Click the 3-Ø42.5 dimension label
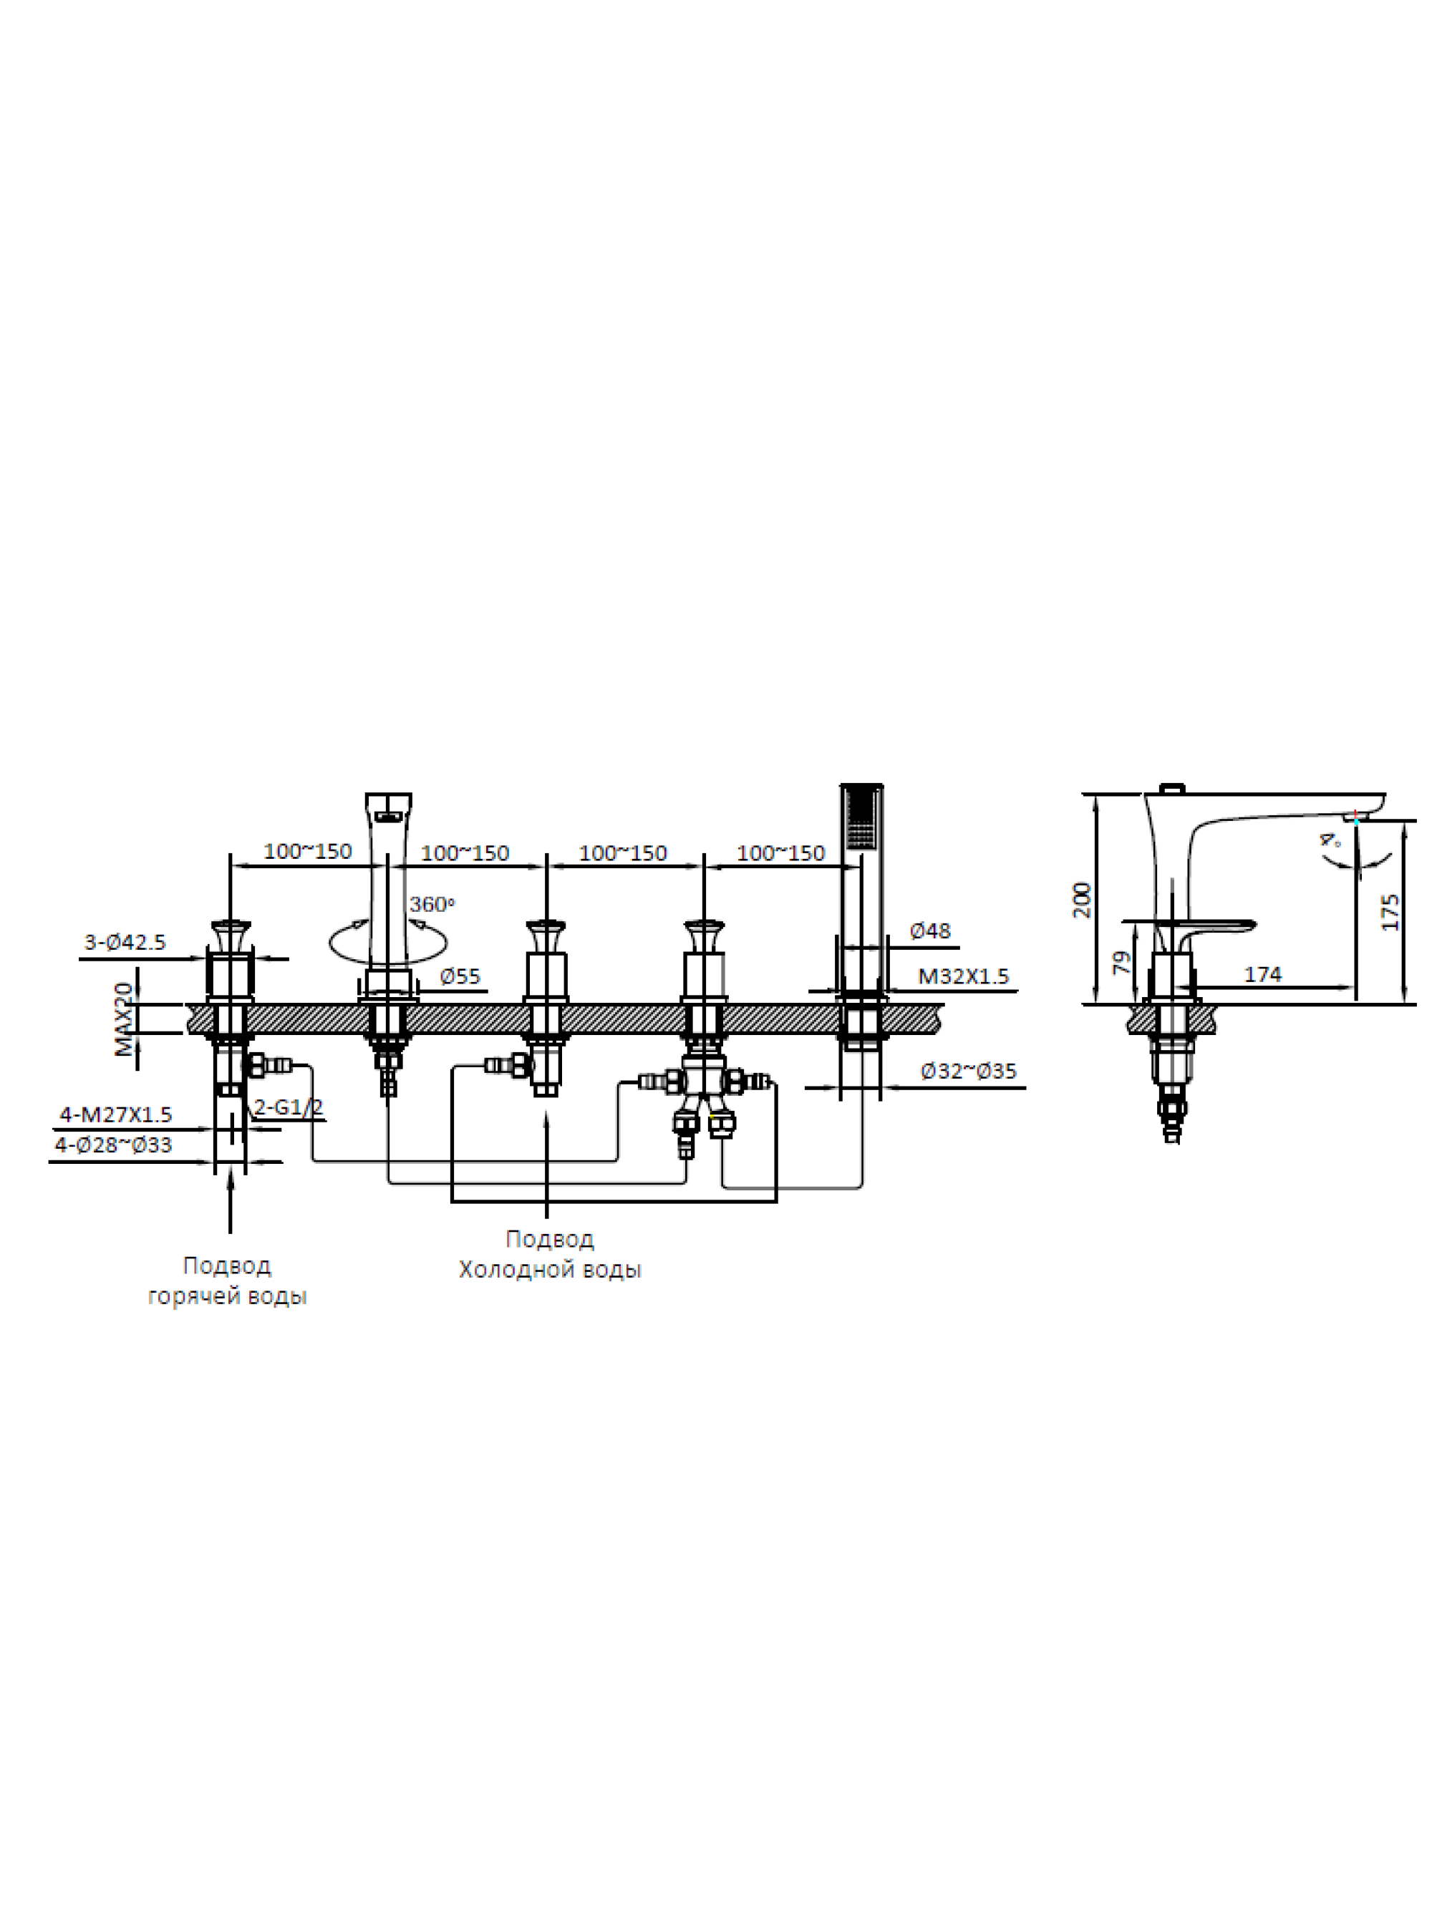(125, 943)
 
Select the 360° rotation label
(431, 905)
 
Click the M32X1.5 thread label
(962, 976)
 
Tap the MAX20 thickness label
(125, 1019)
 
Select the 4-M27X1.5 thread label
(116, 1115)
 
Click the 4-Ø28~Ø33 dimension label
(113, 1145)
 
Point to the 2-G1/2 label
(289, 1107)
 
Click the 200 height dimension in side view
(1082, 900)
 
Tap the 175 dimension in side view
(1390, 912)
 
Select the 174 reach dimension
(1262, 974)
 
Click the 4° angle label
(1330, 840)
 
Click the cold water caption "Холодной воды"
(549, 1270)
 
